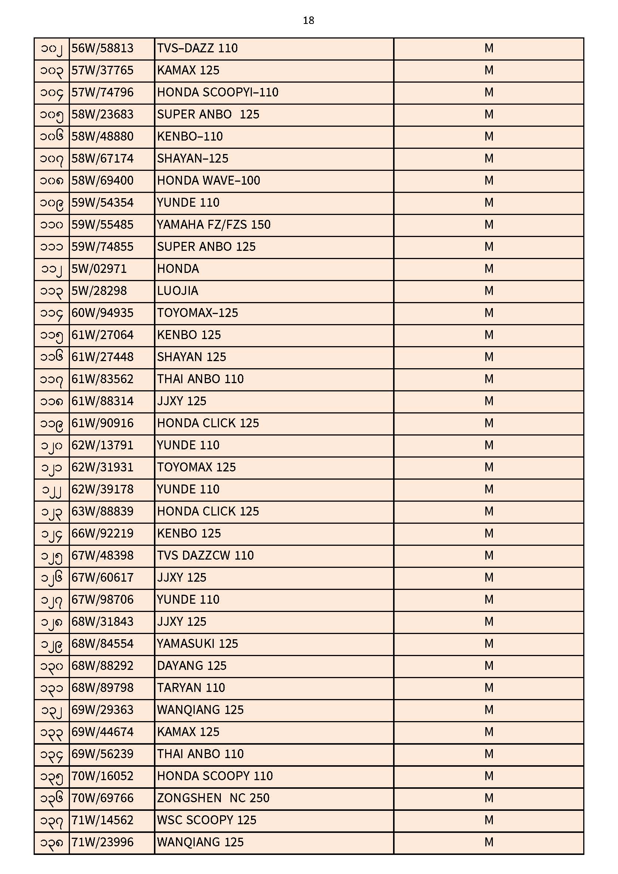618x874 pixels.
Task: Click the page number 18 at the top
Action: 308,21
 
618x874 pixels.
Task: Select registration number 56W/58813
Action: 102,48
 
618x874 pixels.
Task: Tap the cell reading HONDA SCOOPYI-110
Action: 218,92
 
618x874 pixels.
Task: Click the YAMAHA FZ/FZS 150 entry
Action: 213,225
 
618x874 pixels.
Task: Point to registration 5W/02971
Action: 99,269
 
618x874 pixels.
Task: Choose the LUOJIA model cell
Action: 178,291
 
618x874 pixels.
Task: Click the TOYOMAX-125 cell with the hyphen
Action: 198,313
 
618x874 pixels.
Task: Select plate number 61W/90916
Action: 102,423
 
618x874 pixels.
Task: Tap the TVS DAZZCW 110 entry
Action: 205,556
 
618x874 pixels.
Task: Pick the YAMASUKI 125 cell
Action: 198,644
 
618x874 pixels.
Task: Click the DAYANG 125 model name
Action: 192,666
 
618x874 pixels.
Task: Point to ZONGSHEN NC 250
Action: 213,798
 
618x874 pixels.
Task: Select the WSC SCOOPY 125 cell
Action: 207,820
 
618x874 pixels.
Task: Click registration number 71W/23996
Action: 102,842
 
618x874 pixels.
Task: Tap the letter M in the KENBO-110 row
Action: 489,137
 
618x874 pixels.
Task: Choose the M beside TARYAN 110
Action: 489,688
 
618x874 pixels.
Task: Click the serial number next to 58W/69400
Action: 51,181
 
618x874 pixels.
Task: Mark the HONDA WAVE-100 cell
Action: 208,181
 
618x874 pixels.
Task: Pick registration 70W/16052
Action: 102,776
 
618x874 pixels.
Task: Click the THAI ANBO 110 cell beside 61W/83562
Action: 200,379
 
